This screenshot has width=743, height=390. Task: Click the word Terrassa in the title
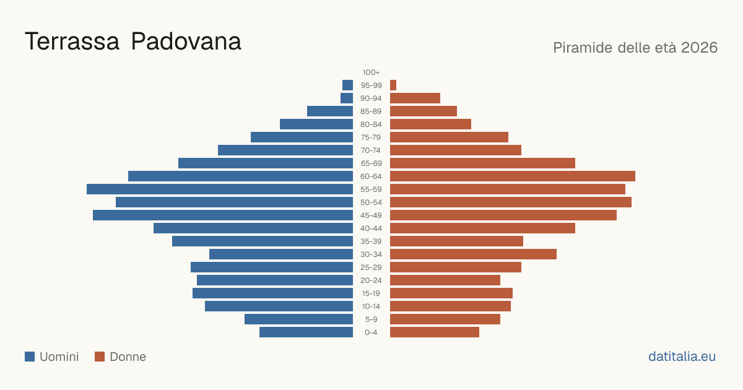click(72, 41)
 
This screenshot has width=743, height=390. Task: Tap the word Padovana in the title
click(186, 41)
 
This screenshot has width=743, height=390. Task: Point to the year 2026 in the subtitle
click(699, 48)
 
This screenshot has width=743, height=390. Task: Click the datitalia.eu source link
click(682, 357)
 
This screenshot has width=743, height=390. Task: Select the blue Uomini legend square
click(30, 357)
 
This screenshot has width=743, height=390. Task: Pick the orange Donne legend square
click(100, 357)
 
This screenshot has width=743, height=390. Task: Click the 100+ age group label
click(371, 72)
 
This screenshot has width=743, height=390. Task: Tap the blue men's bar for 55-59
click(220, 189)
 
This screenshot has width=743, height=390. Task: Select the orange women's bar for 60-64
click(513, 176)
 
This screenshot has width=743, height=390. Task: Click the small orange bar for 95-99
click(393, 85)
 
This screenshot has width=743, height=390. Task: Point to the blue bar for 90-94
click(347, 98)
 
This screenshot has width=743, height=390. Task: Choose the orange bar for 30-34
click(473, 254)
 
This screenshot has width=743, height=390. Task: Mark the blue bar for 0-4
click(306, 332)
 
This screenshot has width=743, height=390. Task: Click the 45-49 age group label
click(371, 215)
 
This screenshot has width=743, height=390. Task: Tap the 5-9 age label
click(371, 319)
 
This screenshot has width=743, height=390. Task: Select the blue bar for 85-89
click(330, 111)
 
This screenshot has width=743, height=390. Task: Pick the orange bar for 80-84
click(430, 124)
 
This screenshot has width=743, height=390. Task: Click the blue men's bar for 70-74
click(285, 150)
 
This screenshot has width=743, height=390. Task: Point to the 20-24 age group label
click(371, 280)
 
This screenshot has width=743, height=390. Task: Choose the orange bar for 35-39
click(456, 241)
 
